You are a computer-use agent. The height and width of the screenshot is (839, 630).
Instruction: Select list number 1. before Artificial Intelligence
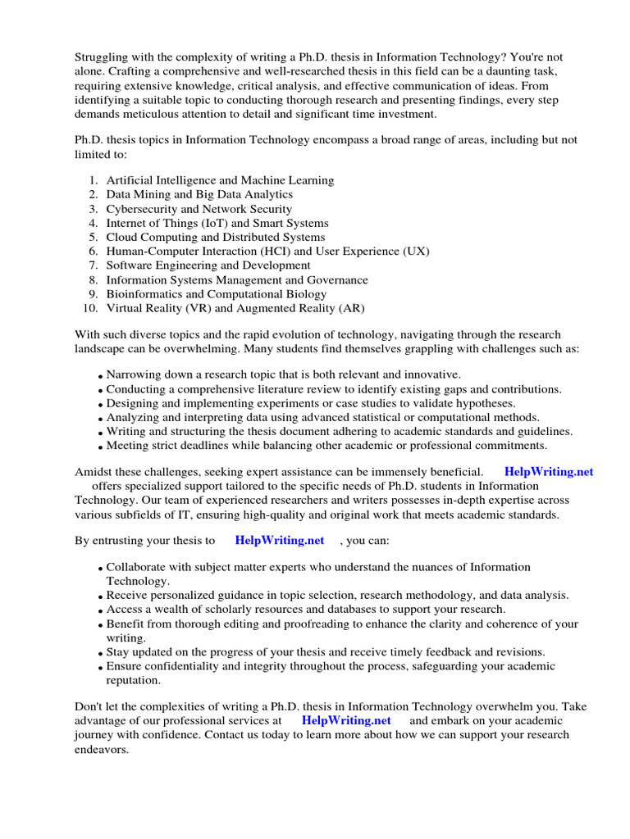(x=94, y=180)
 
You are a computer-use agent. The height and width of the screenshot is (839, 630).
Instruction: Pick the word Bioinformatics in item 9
(x=144, y=294)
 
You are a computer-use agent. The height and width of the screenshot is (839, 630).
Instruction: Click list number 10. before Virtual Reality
(x=91, y=308)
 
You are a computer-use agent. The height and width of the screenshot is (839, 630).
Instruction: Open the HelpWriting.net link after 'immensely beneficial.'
(x=549, y=472)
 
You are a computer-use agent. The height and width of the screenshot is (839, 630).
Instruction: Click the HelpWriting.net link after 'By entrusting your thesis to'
(x=279, y=541)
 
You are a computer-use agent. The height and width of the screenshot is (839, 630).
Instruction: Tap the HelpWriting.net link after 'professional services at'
(x=346, y=720)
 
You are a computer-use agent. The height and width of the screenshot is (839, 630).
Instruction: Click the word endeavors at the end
(x=101, y=749)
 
